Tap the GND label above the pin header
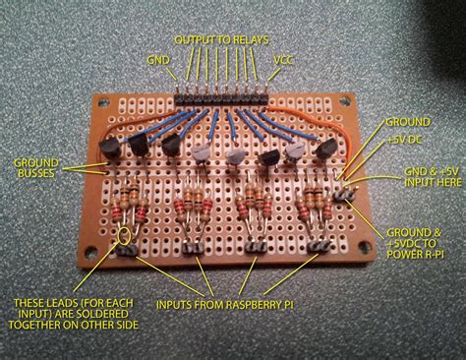pyautogui.click(x=157, y=59)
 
